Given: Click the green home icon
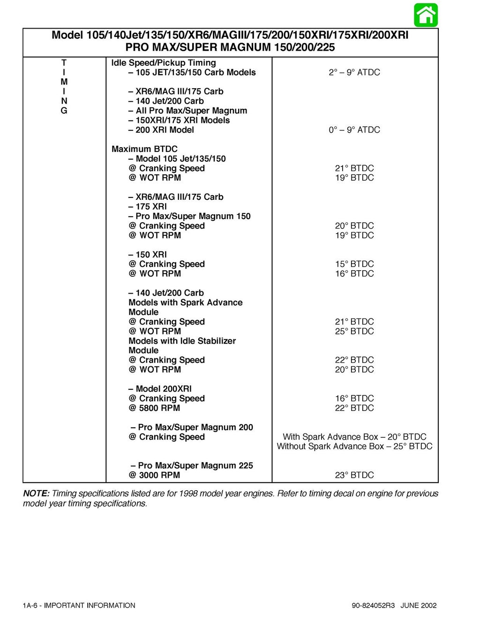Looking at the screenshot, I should click(426, 15).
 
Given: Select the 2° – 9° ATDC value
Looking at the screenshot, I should click(354, 72).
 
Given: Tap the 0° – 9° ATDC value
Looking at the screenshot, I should click(354, 130).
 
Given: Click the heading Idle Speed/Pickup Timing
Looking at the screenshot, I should click(164, 63).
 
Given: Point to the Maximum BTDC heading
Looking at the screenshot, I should click(144, 149).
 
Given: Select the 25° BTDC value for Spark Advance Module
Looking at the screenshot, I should click(354, 331).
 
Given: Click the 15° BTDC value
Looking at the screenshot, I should click(354, 264).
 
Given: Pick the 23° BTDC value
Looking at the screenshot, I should click(354, 475).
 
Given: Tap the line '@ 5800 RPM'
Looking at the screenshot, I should click(154, 408).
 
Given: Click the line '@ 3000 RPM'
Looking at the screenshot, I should click(154, 475).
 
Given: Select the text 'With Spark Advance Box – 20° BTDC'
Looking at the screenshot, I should click(354, 437).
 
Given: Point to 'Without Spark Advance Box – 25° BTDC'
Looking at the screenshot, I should click(354, 447).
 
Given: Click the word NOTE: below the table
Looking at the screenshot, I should click(36, 493).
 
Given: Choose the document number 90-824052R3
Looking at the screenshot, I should click(373, 606).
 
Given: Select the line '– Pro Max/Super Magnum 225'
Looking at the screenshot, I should click(192, 466).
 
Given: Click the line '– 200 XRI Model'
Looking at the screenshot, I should click(161, 130).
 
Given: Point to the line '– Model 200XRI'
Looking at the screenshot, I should click(160, 389).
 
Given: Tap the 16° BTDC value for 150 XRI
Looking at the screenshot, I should click(354, 274).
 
